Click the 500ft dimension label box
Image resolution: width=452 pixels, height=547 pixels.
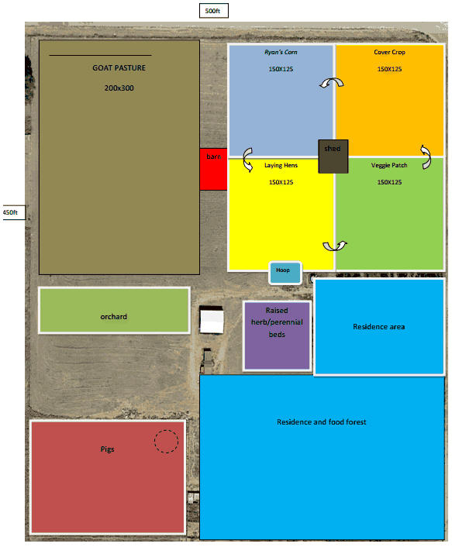pyautogui.click(x=214, y=11)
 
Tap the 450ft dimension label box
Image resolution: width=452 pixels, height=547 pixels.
pyautogui.click(x=13, y=212)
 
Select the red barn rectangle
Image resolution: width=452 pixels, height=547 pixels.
pyautogui.click(x=213, y=169)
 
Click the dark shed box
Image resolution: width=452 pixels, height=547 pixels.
pyautogui.click(x=333, y=157)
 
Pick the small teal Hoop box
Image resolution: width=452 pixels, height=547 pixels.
pyautogui.click(x=285, y=273)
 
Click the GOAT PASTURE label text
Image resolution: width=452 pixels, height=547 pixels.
pyautogui.click(x=119, y=68)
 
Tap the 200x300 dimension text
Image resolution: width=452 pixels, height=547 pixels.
pyautogui.click(x=119, y=88)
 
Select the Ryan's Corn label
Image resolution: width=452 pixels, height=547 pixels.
pyautogui.click(x=281, y=53)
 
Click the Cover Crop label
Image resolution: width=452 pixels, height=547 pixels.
pyautogui.click(x=389, y=52)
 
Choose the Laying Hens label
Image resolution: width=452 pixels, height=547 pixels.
pyautogui.click(x=281, y=165)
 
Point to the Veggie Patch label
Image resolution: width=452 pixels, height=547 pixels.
pyautogui.click(x=389, y=165)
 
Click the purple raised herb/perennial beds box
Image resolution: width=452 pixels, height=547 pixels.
pyautogui.click(x=277, y=336)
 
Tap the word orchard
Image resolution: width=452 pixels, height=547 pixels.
pyautogui.click(x=114, y=317)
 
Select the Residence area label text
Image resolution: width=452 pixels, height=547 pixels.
pyautogui.click(x=378, y=327)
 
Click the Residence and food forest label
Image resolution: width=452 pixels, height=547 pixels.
pyautogui.click(x=322, y=422)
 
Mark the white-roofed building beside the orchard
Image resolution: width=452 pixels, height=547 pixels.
pyautogui.click(x=212, y=320)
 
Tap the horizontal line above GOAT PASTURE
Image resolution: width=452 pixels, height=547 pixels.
pyautogui.click(x=100, y=55)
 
